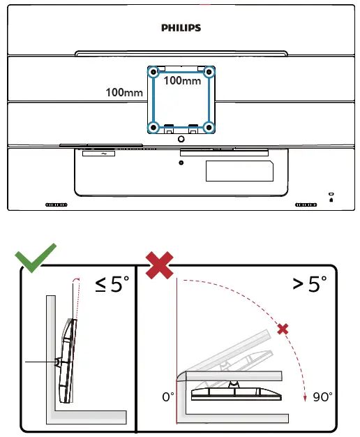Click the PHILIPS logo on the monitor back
coord(181,28)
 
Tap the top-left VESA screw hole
coord(153,71)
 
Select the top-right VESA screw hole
coord(208,71)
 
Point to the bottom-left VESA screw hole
coord(153,127)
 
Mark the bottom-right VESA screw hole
coord(208,127)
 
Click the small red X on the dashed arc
coord(283,328)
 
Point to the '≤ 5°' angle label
coord(112,285)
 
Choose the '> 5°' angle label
coord(308,285)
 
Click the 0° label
coord(168,397)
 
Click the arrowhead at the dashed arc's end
coord(306,398)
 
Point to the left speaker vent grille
coord(56,205)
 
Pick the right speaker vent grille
coord(306,205)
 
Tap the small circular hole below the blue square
coord(181,163)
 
